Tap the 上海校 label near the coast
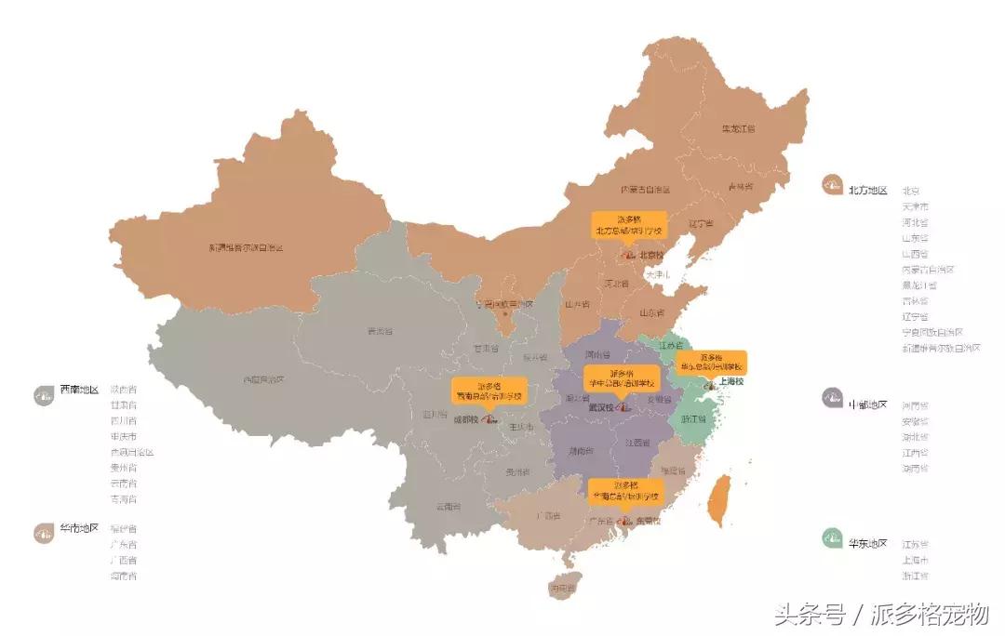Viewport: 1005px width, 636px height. click(x=731, y=381)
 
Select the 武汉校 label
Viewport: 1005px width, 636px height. click(x=604, y=406)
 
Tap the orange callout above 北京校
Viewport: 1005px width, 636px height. click(x=630, y=225)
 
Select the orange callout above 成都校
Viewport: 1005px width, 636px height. click(x=489, y=391)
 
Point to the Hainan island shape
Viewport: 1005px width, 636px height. click(x=564, y=587)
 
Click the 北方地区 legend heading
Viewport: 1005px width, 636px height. click(x=867, y=190)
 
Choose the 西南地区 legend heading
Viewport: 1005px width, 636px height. click(x=79, y=390)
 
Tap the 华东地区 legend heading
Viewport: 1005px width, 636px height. click(x=867, y=543)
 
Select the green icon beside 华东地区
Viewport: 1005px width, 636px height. click(x=832, y=537)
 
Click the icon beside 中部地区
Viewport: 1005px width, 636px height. click(x=832, y=399)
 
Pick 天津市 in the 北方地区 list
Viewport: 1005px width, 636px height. click(x=915, y=206)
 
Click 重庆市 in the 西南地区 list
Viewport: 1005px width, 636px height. click(x=123, y=436)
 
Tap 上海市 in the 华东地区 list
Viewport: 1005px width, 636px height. click(x=915, y=560)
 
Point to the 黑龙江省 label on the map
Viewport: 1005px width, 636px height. click(x=739, y=129)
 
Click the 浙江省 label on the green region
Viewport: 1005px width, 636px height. click(x=694, y=419)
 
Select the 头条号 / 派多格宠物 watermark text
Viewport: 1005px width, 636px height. click(x=880, y=614)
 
